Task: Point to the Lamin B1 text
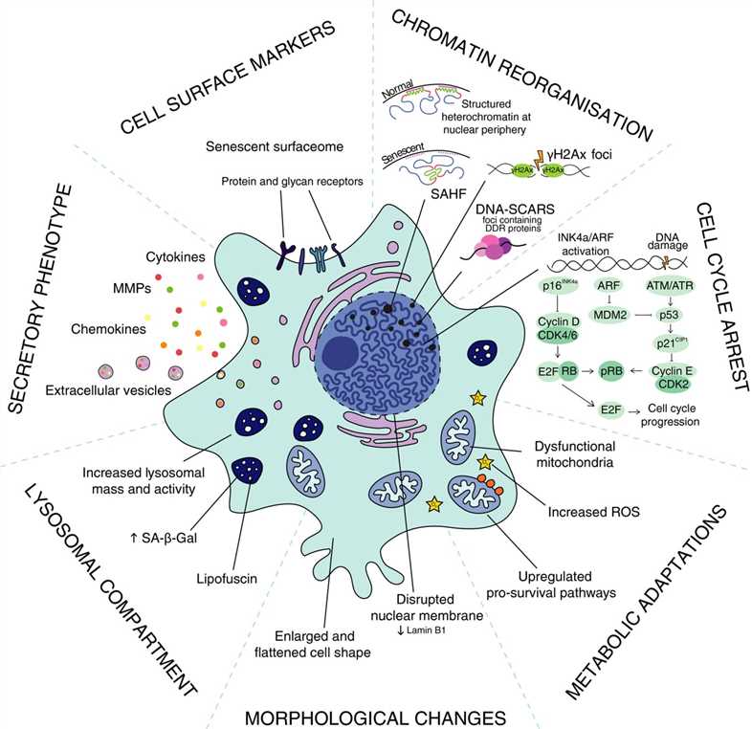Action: [x=419, y=604]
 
